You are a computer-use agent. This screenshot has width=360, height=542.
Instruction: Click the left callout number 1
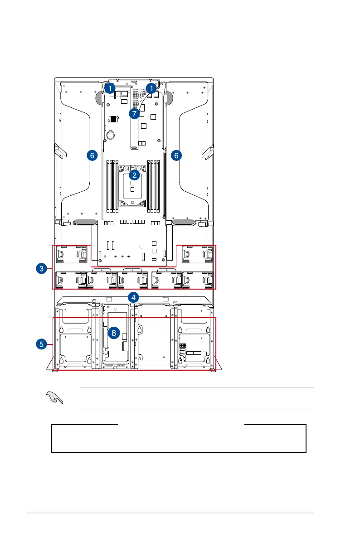(110, 88)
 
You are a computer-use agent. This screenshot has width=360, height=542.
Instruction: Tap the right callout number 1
(151, 88)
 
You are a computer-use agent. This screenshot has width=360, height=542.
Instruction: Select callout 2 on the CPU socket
(134, 174)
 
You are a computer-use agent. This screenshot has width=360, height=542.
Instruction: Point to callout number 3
(41, 269)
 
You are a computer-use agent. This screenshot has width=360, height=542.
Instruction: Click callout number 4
(133, 297)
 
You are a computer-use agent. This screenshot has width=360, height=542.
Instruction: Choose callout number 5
(41, 344)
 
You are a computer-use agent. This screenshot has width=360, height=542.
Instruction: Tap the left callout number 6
(92, 155)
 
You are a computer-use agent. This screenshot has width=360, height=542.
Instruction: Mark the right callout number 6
(176, 155)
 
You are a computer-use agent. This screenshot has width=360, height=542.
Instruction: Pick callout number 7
(134, 114)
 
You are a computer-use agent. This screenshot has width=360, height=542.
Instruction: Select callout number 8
(113, 333)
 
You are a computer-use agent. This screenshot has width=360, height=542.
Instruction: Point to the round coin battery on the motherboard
(110, 135)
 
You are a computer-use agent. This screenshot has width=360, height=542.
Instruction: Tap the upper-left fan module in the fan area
(72, 254)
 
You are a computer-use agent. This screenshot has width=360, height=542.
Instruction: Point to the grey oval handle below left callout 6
(85, 223)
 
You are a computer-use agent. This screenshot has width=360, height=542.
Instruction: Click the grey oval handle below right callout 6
(183, 223)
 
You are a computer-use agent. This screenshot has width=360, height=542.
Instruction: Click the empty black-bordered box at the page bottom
(179, 438)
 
